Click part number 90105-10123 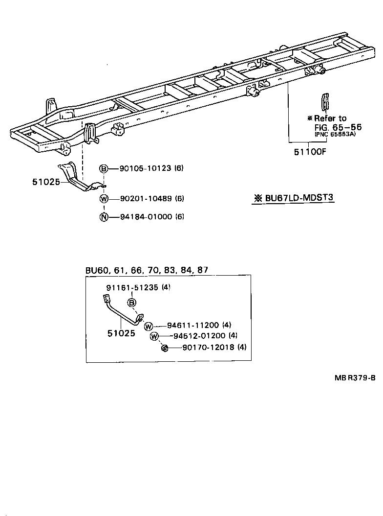(145, 168)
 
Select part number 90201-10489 (145, 199)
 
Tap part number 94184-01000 (145, 217)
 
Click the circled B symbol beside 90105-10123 (104, 169)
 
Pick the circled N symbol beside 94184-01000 (104, 217)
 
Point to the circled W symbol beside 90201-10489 (104, 199)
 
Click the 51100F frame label (310, 152)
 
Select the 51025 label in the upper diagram (46, 182)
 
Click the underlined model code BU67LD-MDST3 (297, 198)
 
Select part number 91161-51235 (132, 288)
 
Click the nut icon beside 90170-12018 (165, 348)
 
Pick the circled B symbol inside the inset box (132, 303)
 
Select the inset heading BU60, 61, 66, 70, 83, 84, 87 (147, 270)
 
